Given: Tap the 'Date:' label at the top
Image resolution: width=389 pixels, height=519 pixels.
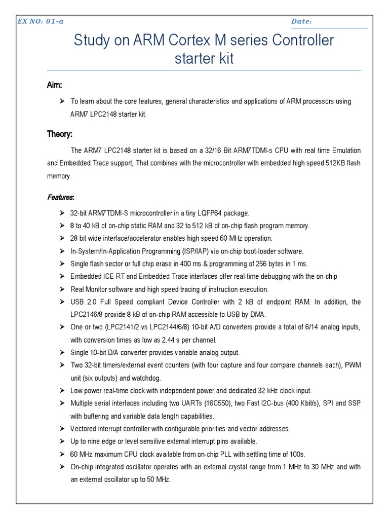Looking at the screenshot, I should click(301, 21).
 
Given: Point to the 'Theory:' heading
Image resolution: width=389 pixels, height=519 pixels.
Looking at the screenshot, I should click(60, 134).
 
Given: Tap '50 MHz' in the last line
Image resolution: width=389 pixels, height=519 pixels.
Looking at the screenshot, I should click(157, 479).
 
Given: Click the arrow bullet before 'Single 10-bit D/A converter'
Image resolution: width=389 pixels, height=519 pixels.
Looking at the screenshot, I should click(62, 353).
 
